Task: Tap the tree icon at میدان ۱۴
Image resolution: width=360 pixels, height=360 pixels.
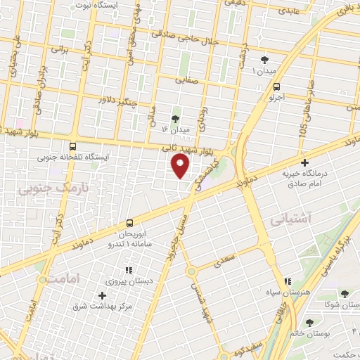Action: tap(175, 118)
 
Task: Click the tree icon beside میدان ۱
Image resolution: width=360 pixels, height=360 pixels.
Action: tap(264, 60)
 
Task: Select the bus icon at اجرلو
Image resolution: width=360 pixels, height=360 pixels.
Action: tap(277, 87)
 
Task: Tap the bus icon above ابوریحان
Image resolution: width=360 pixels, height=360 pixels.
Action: tap(129, 223)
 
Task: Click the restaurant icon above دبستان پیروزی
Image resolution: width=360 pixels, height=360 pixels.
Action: tap(128, 269)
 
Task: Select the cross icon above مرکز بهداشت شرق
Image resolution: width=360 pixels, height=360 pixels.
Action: tap(103, 295)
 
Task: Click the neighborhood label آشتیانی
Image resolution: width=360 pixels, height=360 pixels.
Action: tap(304, 219)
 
